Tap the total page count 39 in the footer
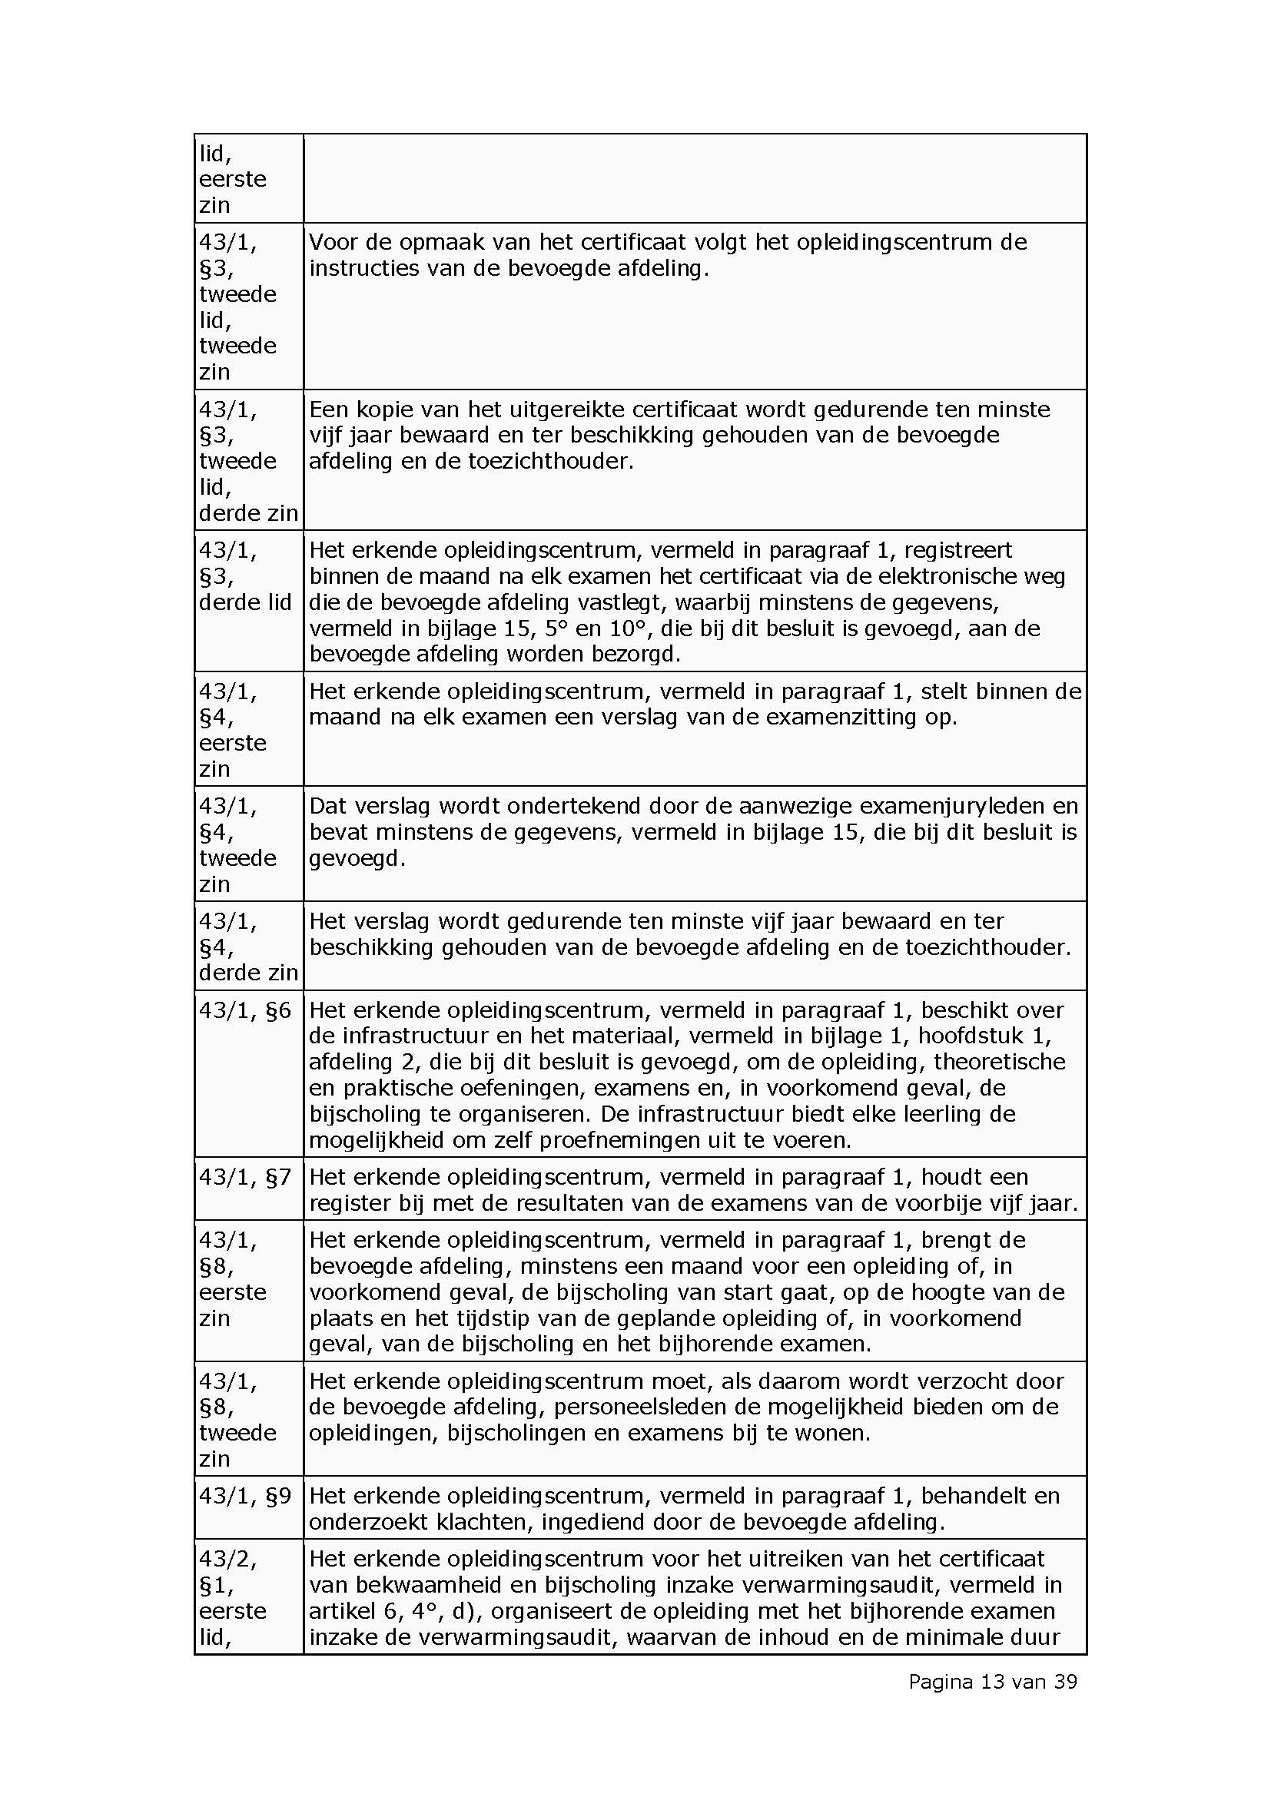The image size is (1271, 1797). tap(1065, 1681)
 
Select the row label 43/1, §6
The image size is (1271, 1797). tap(245, 1010)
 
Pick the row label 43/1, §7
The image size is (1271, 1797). tap(245, 1177)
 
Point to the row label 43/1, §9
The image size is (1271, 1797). tap(245, 1497)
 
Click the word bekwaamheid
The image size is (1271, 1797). tap(424, 1586)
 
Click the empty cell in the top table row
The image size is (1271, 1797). tap(694, 178)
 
